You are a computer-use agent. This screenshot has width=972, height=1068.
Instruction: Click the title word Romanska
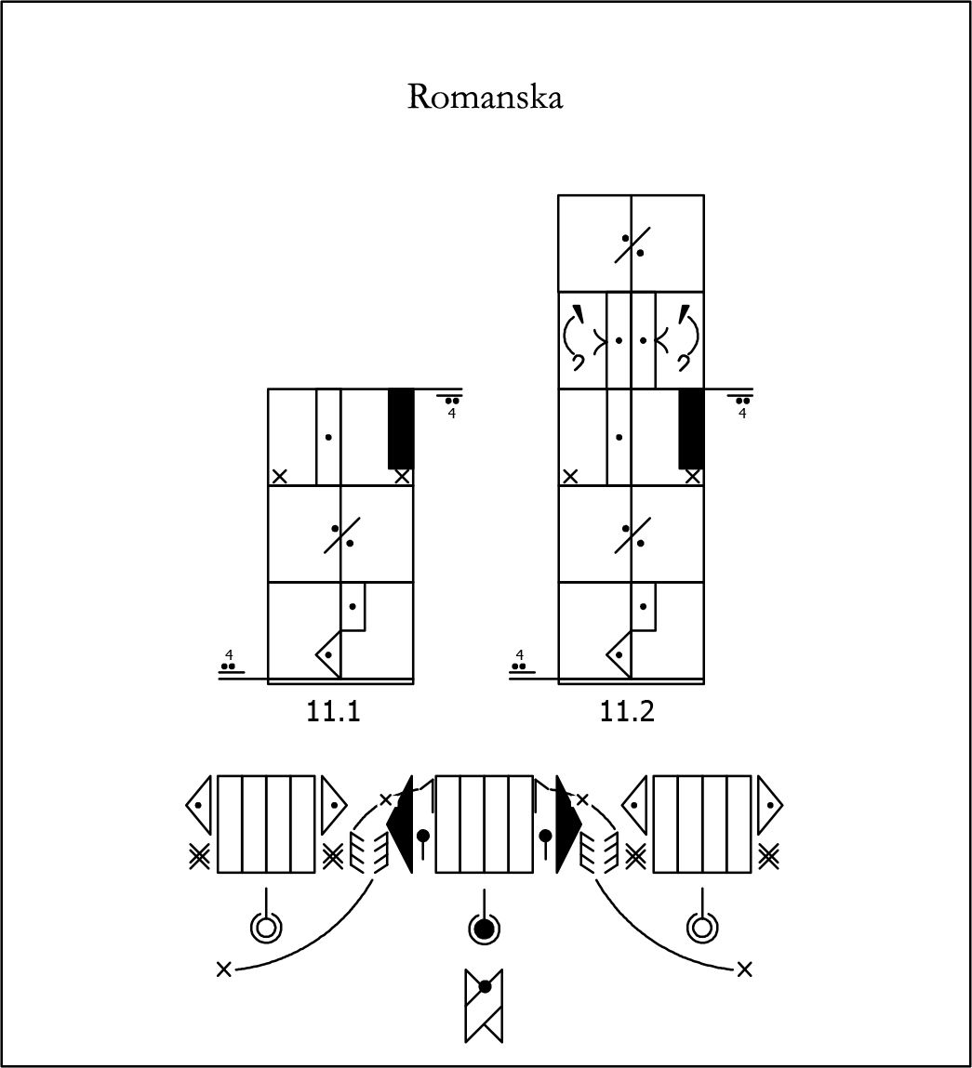[486, 97]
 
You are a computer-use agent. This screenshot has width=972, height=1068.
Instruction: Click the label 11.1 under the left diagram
[333, 711]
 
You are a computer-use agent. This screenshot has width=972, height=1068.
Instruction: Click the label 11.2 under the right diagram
[627, 711]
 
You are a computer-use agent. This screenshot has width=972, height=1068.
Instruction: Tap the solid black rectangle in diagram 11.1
[401, 429]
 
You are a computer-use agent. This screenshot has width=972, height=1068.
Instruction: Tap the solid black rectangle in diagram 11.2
[691, 429]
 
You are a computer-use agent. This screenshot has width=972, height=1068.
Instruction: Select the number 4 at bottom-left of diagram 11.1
[229, 654]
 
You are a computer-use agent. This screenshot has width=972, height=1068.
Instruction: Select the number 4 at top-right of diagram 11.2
[742, 413]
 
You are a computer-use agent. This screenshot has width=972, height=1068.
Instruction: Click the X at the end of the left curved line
[223, 969]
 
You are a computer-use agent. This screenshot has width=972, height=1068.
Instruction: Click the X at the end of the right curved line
[744, 969]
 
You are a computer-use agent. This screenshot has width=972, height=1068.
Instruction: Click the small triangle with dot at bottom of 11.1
[328, 654]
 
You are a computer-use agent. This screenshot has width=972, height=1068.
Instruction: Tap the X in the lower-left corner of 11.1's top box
[279, 476]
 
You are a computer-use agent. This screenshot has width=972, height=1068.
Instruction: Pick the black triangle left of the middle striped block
[400, 824]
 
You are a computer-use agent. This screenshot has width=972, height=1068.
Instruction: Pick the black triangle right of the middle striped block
[568, 824]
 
